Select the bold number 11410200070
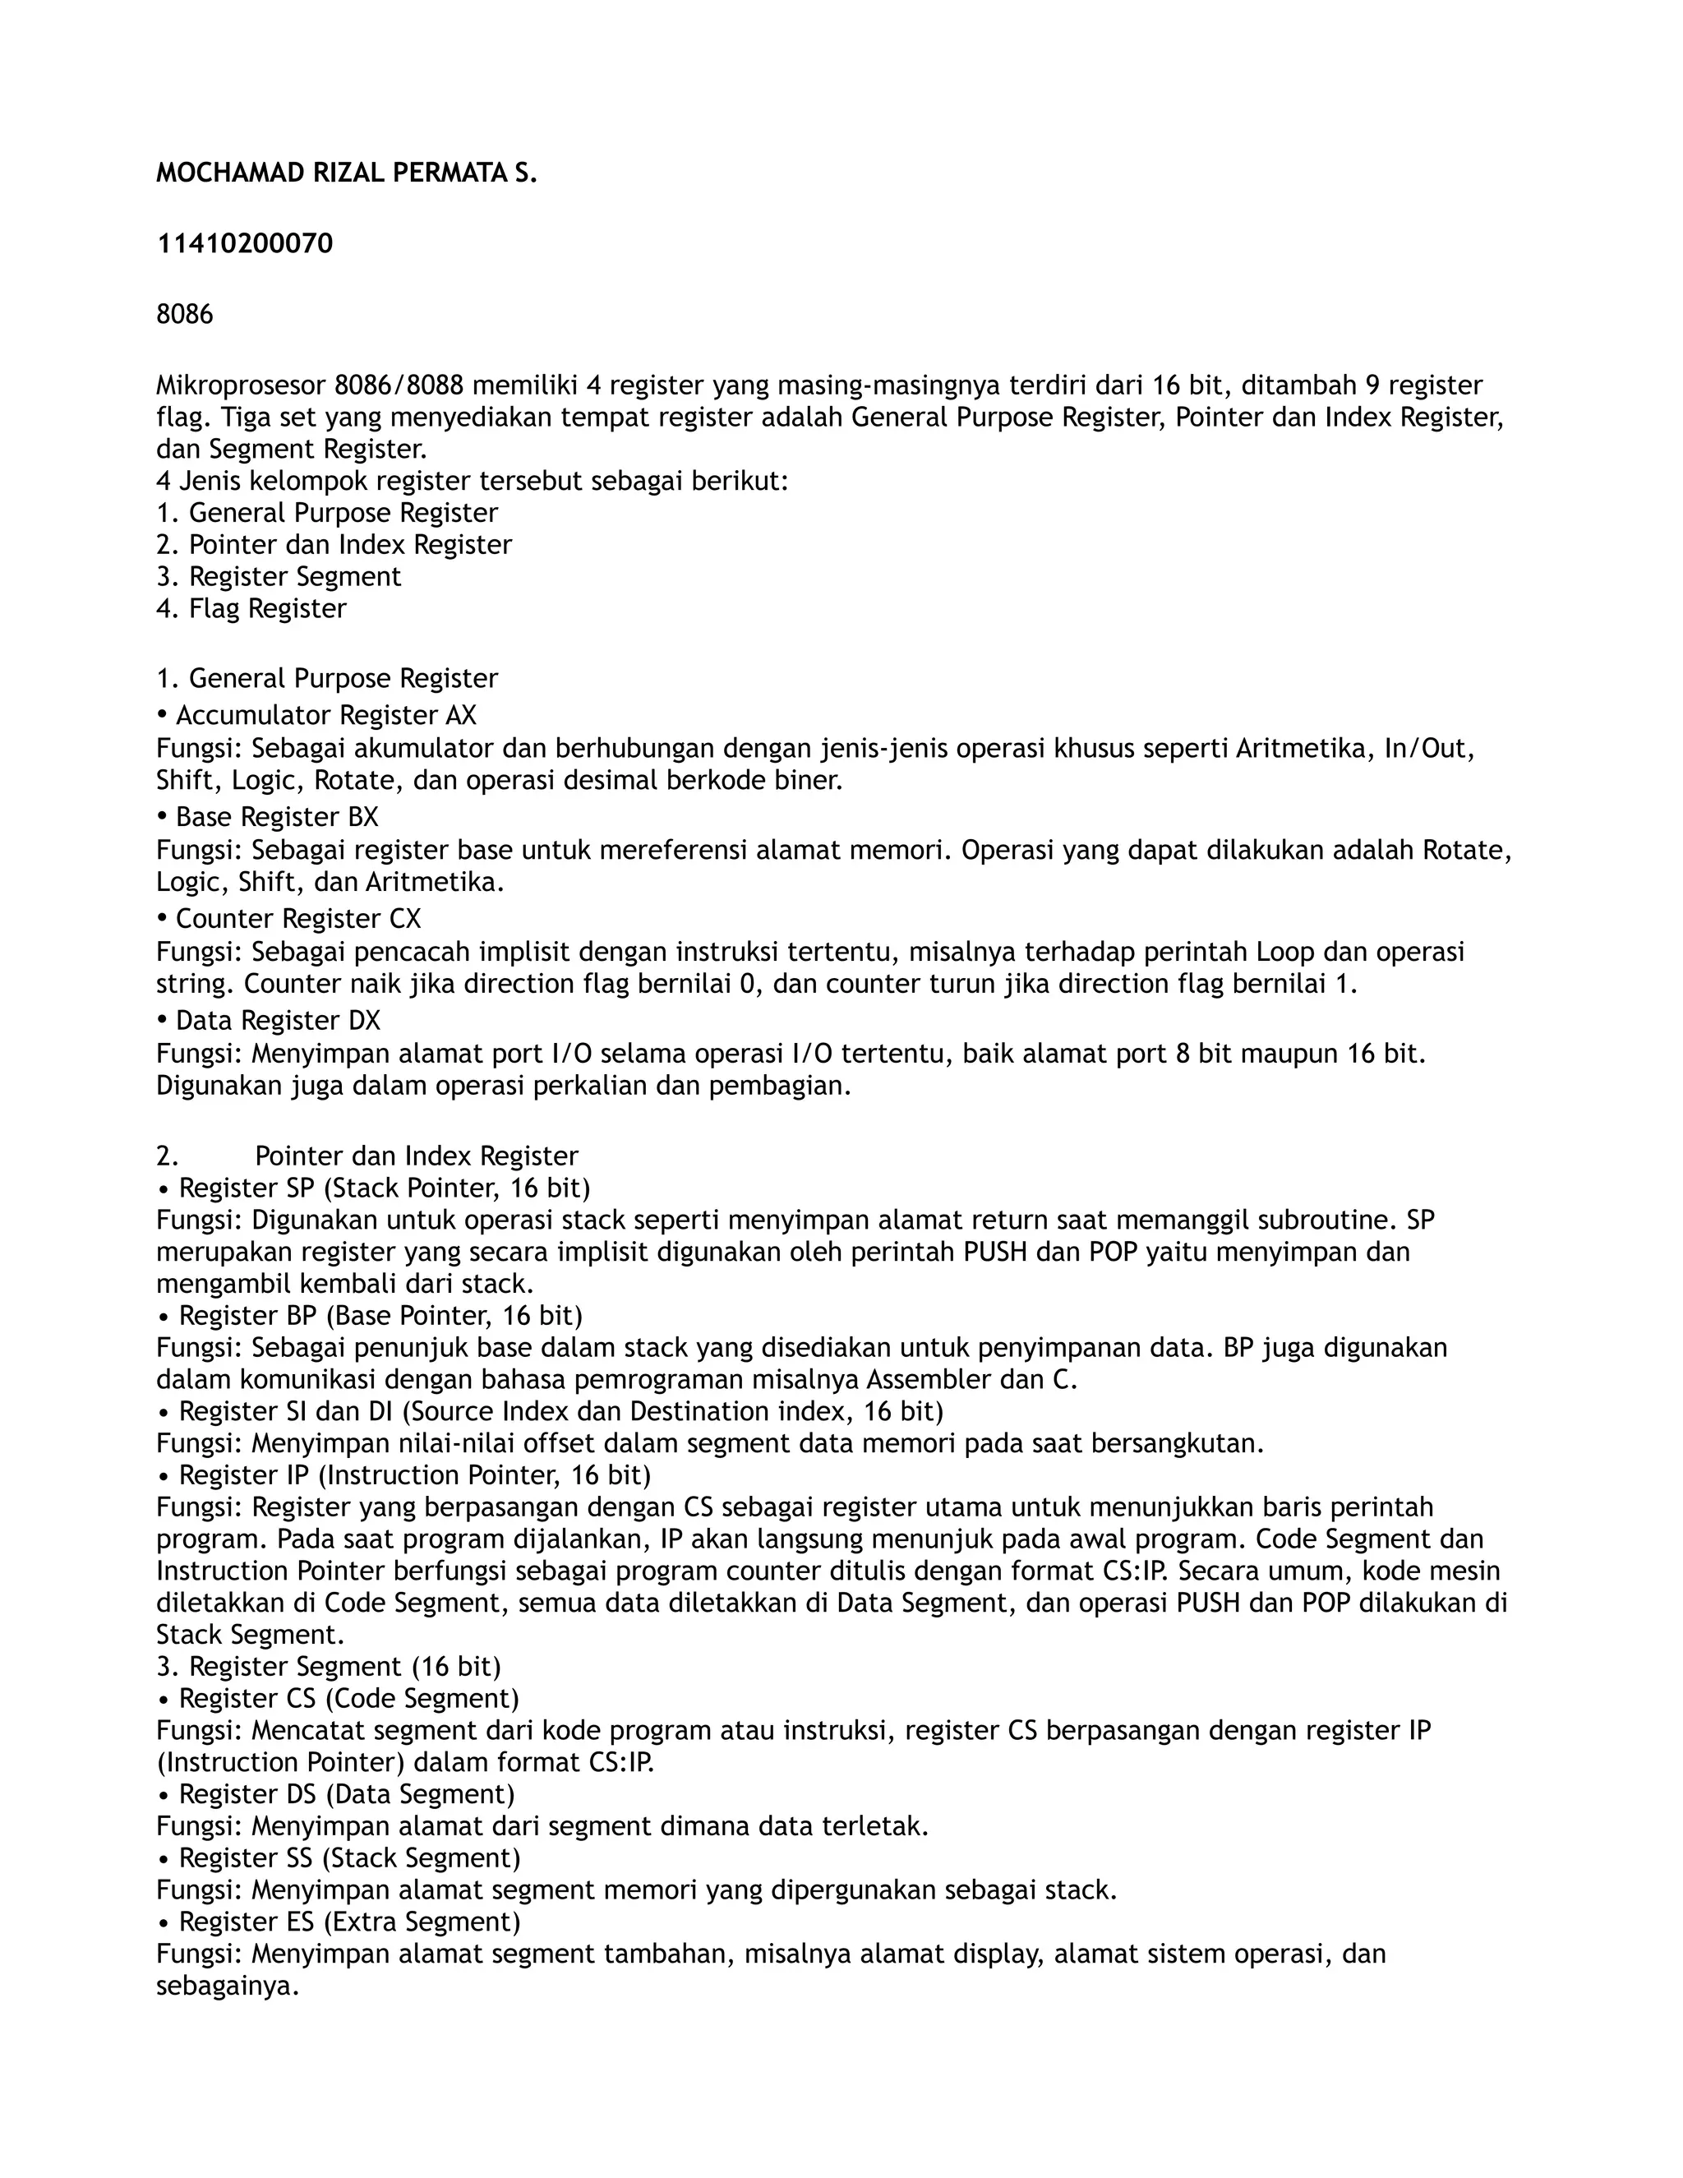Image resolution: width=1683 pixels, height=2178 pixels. (244, 244)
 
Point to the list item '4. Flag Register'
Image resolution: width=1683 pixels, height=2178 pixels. (251, 609)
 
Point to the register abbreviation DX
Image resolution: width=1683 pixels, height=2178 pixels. (364, 1021)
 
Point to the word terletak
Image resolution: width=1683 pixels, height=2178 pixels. (876, 1827)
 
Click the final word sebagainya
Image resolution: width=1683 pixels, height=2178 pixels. (228, 1987)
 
